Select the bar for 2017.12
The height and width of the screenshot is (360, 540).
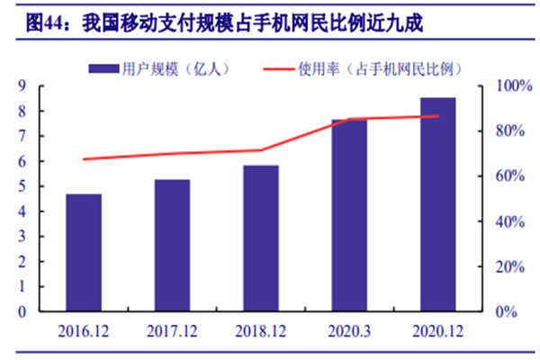tap(172, 245)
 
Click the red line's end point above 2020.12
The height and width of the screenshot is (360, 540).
tap(438, 116)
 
